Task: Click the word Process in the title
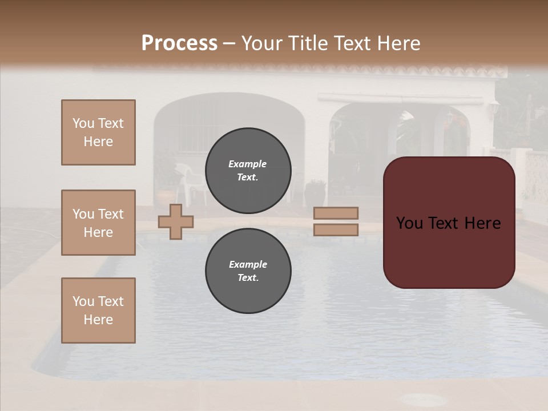tap(179, 43)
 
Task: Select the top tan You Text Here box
tap(98, 132)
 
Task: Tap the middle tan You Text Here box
tap(98, 223)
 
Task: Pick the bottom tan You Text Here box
tap(98, 311)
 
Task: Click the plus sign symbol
tap(176, 221)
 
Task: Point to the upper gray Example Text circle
tap(248, 170)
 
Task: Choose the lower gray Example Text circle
tap(248, 271)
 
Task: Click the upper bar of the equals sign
tap(336, 213)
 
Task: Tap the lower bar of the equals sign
tap(336, 229)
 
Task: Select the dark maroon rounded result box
tap(449, 223)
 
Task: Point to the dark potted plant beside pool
tap(316, 193)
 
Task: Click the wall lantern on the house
tap(493, 107)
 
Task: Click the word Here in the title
tap(397, 43)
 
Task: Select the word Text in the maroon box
tap(449, 223)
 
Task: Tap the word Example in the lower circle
tap(248, 264)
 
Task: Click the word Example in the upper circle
tap(248, 164)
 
